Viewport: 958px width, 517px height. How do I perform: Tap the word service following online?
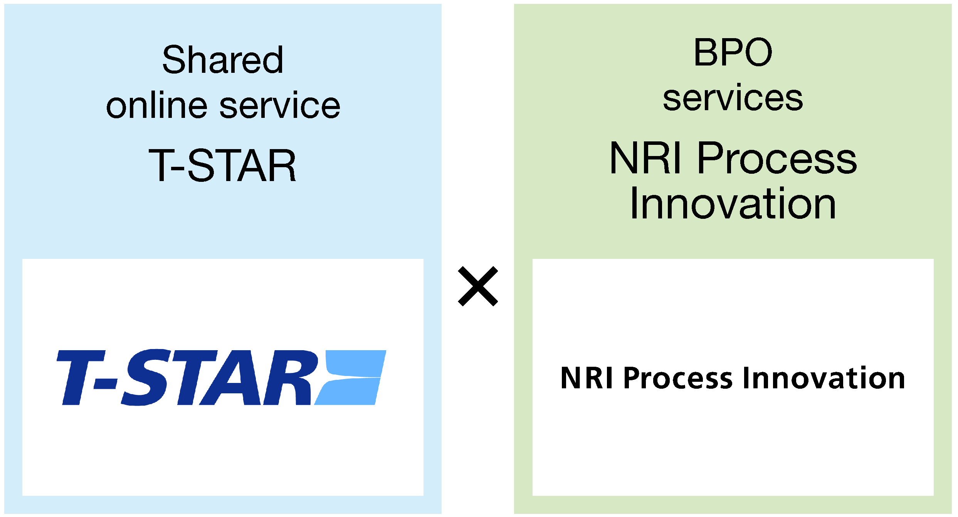click(x=280, y=105)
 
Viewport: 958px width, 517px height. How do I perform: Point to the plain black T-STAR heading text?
click(x=222, y=165)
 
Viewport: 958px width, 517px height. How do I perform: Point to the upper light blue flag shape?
click(x=355, y=363)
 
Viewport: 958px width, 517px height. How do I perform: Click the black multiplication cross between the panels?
click(x=478, y=286)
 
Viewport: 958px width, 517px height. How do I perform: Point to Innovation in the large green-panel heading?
click(x=733, y=203)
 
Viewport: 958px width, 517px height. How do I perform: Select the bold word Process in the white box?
click(x=678, y=378)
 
